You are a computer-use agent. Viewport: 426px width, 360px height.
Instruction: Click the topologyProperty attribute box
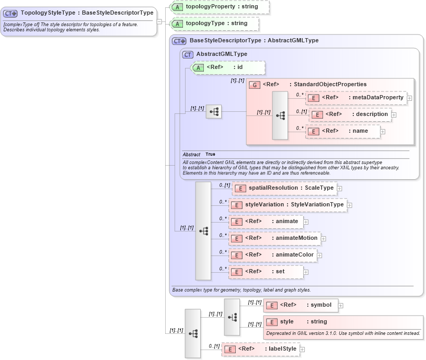click(x=220, y=7)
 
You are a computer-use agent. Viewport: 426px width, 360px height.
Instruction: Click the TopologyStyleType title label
click(x=87, y=13)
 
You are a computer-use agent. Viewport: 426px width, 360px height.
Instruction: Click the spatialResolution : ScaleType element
click(x=284, y=188)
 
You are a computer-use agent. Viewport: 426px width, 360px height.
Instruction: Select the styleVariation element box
click(x=287, y=205)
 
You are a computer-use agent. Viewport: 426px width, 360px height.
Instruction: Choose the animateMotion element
click(x=275, y=238)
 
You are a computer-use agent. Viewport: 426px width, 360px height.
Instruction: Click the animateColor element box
click(x=273, y=255)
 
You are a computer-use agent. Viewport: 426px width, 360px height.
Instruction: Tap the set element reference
click(x=267, y=272)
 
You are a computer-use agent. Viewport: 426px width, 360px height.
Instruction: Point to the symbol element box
click(x=301, y=305)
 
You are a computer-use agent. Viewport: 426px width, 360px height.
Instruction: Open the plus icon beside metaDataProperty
click(x=409, y=98)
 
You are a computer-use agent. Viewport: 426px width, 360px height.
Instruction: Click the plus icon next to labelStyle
click(x=302, y=349)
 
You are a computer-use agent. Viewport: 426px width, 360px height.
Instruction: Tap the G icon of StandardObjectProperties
click(x=255, y=85)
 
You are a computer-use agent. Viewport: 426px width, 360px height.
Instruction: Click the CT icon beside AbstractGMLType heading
click(x=187, y=54)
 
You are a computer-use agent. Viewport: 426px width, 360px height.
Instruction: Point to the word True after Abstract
click(x=210, y=155)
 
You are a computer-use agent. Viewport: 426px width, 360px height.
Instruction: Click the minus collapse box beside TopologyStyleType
click(x=159, y=21)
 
